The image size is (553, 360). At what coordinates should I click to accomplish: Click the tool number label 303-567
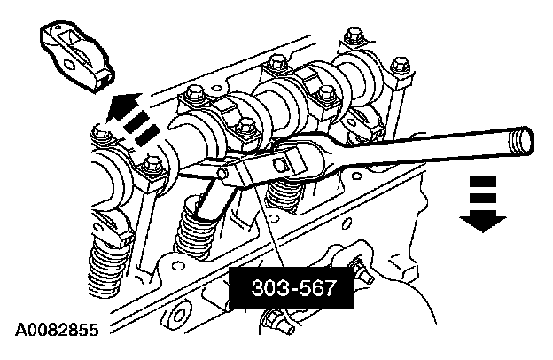293,287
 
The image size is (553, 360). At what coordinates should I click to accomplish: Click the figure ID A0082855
57,330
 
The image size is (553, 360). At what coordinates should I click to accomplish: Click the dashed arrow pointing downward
482,204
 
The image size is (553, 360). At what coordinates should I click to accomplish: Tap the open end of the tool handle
521,140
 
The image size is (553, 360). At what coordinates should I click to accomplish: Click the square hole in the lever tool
280,163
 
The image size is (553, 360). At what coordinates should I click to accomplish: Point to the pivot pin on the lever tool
222,173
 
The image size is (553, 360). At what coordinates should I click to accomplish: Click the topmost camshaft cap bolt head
352,35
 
